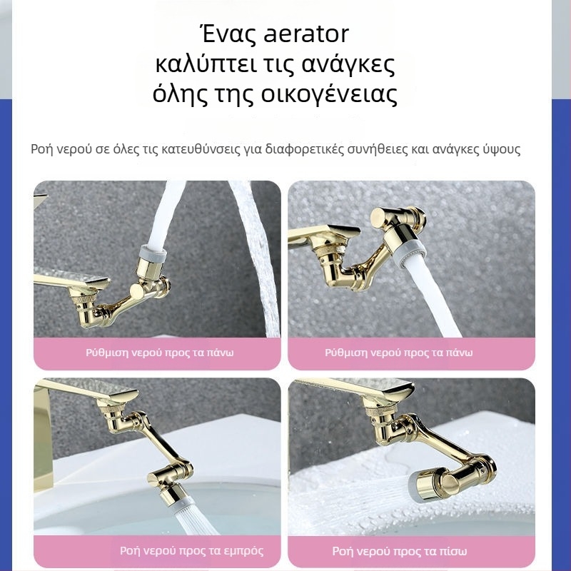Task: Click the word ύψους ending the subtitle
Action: click(501, 150)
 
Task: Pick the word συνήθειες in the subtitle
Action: click(382, 150)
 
